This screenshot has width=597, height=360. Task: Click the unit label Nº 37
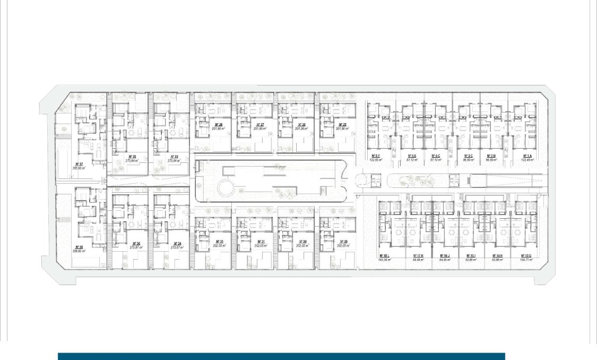point(80,164)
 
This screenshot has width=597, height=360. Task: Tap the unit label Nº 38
point(80,247)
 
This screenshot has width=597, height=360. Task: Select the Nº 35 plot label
point(132,156)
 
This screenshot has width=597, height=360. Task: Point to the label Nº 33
point(173,156)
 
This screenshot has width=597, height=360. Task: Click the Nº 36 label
point(132,244)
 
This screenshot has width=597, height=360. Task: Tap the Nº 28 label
point(217,125)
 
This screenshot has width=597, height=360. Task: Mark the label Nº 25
point(341,125)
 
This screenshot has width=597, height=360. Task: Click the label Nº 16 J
point(445,256)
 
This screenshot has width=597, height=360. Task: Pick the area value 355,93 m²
point(80,168)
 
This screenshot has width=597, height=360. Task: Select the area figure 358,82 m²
point(80,251)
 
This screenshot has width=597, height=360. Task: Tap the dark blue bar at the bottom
point(281,356)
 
